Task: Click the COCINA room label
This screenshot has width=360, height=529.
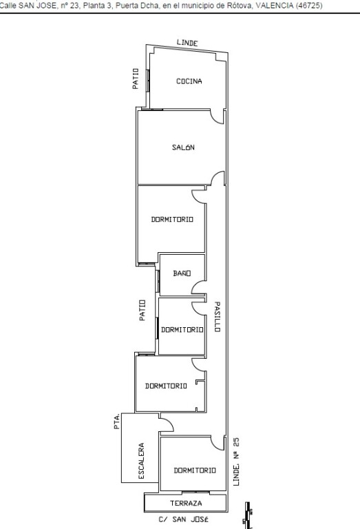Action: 189,81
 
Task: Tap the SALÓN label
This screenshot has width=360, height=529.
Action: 183,147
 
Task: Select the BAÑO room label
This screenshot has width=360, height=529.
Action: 182,273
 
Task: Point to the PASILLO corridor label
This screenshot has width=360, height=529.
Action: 218,317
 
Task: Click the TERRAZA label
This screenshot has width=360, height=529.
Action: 186,503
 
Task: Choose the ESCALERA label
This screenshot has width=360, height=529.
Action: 142,461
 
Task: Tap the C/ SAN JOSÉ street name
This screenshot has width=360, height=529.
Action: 183,519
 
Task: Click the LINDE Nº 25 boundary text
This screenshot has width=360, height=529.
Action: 237,461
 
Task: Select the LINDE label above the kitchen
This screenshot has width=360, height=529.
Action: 187,43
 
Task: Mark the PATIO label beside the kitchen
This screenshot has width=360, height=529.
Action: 135,79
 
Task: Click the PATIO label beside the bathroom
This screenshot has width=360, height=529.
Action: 142,310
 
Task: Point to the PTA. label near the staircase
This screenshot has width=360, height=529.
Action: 116,421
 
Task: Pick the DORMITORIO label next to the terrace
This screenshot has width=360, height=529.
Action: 195,470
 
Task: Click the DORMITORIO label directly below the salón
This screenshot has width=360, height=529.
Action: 172,219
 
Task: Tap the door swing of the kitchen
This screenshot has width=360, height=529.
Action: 218,117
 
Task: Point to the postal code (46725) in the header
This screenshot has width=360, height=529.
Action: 309,6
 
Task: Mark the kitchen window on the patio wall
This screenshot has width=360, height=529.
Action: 147,81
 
